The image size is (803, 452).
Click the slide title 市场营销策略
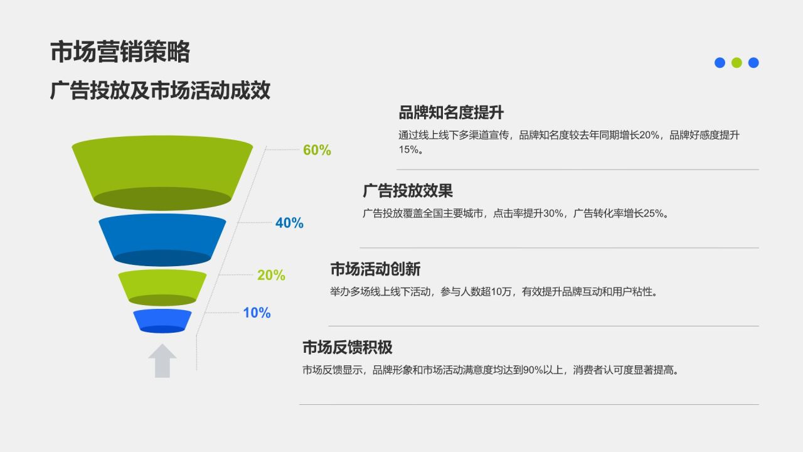[120, 51]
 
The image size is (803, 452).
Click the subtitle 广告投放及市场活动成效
[160, 90]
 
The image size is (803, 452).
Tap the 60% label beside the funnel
[317, 150]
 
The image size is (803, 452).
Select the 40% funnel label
[289, 223]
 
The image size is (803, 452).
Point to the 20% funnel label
[271, 275]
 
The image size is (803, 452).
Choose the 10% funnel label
[257, 313]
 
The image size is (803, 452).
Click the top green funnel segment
[162, 173]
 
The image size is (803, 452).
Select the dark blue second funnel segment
[162, 240]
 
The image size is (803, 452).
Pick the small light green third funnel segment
[162, 288]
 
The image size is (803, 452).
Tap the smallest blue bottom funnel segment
[162, 321]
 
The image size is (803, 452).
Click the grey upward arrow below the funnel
[162, 361]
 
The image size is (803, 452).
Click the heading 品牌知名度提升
[451, 112]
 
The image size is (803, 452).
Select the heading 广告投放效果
[408, 190]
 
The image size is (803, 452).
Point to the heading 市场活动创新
[375, 269]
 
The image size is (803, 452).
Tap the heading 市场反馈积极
[348, 347]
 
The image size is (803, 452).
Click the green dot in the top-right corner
[737, 63]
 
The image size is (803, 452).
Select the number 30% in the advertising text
[553, 213]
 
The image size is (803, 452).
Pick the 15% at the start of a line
[408, 149]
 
